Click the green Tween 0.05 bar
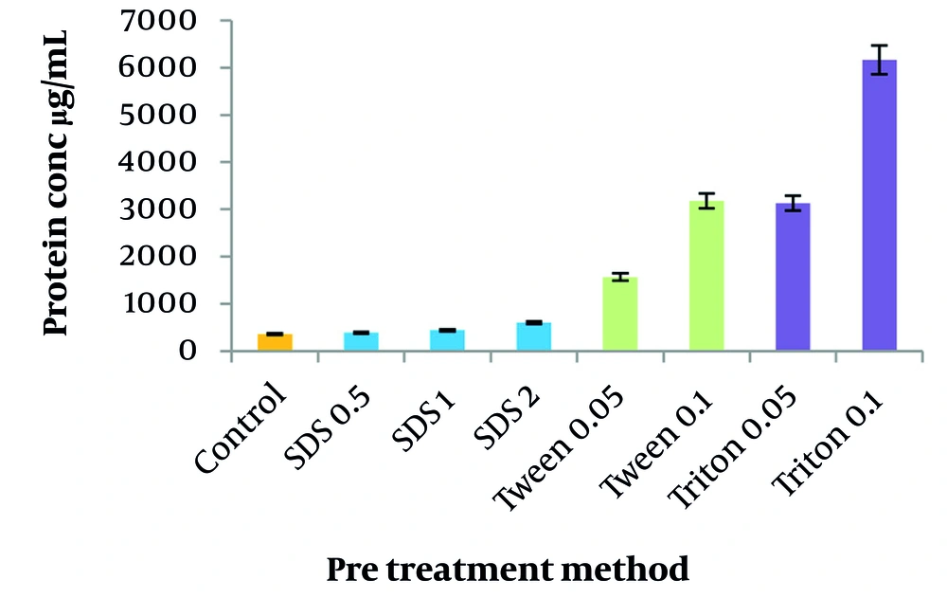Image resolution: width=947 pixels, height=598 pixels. [620, 315]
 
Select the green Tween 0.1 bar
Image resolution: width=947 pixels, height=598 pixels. [706, 276]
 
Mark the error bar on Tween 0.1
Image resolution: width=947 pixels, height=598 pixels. [706, 201]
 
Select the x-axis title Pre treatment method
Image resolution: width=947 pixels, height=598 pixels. [508, 569]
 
